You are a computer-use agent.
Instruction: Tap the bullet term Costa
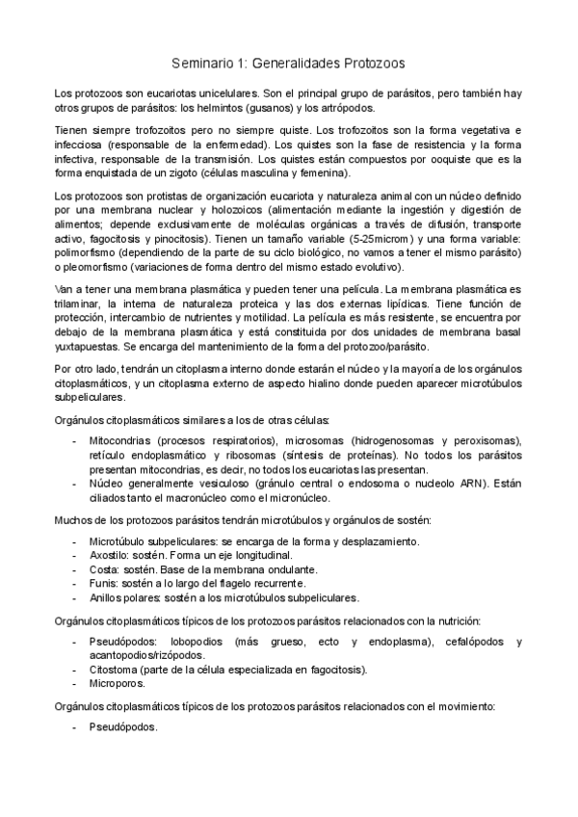pyautogui.click(x=104, y=569)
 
